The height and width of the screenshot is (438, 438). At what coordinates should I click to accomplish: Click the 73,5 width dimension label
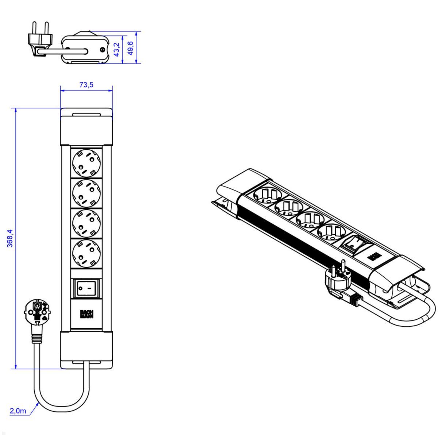click(x=87, y=85)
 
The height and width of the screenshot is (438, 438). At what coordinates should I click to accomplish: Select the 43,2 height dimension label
click(x=117, y=49)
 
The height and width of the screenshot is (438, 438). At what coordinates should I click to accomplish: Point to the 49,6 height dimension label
click(x=130, y=48)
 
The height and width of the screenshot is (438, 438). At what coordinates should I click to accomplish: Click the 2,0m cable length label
click(x=18, y=411)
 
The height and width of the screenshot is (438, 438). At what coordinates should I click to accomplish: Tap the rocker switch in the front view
click(x=87, y=288)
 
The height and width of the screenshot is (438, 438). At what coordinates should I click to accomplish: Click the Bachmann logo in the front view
click(x=87, y=314)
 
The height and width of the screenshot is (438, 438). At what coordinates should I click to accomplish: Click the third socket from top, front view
click(x=87, y=223)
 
